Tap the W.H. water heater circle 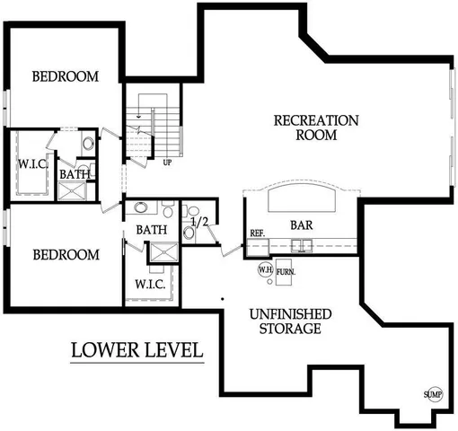pos(265,268)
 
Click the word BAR pos(301,224)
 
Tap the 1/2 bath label pos(200,220)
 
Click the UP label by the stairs pos(168,163)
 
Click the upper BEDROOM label pos(65,76)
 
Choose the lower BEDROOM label pos(65,255)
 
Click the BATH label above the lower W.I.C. pos(152,231)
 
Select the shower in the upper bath pos(71,189)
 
